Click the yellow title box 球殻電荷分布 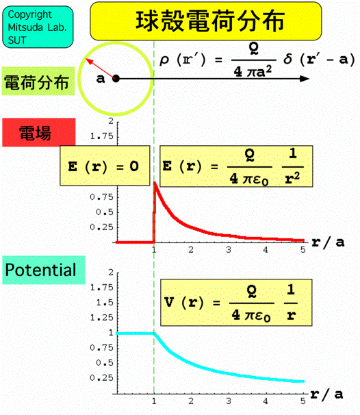coord(206,21)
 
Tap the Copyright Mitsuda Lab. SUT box coord(38,27)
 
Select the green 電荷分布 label coord(38,81)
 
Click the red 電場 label coord(39,132)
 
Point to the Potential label coord(44,270)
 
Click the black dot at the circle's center coord(116,79)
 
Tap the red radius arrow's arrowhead coord(89,61)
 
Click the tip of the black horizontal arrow coord(309,79)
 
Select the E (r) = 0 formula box coord(105,166)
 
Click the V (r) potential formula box coord(236,303)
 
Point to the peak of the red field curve coord(155,182)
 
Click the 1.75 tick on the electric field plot coord(101,136)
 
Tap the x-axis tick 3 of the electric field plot coord(229,250)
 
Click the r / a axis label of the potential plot coord(327,394)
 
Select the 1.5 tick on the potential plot coord(105,303)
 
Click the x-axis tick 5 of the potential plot coord(303,401)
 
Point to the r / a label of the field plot coord(328,242)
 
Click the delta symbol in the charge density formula coord(288,59)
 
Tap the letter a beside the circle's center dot coord(101,79)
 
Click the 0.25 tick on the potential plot coord(101,378)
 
